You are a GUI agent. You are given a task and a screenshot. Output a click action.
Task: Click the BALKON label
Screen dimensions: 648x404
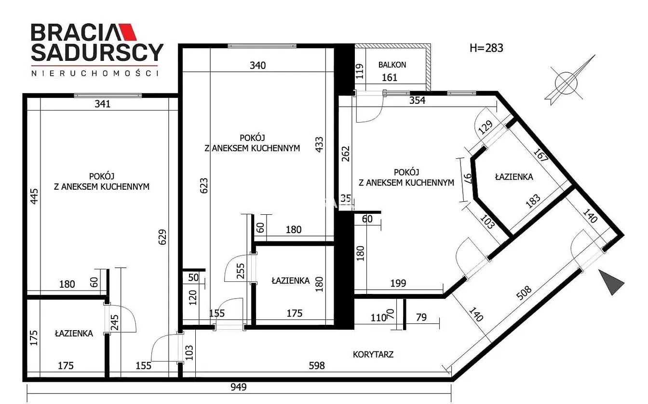coord(392,65)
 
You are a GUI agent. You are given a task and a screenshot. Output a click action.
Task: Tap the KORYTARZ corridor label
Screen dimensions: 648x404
coord(373,354)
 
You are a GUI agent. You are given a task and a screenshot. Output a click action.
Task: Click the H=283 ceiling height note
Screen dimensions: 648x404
coord(486,48)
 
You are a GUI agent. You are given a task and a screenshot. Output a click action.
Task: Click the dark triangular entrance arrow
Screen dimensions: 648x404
coord(610,282)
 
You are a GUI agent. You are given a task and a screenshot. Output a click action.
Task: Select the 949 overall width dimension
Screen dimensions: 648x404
coord(239,387)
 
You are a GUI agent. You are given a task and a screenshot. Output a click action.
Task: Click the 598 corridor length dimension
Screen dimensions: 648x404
coord(317,365)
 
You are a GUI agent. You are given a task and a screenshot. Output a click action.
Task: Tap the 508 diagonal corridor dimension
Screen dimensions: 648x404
coord(524,293)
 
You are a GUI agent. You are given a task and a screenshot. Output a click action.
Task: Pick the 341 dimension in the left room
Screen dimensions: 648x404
coord(103,104)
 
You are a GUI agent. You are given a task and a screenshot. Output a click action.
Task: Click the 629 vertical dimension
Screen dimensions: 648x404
coord(162,237)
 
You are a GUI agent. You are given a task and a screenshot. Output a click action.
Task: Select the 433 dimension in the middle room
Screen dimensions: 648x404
coord(319,144)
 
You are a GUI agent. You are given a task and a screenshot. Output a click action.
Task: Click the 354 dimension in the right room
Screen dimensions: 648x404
coord(417,100)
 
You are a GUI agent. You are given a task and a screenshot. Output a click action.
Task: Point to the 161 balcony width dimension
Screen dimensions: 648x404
coord(390,77)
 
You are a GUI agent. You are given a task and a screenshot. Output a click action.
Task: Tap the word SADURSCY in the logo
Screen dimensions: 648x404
coord(97,53)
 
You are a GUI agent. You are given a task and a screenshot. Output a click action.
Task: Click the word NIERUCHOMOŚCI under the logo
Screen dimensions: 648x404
coord(95,73)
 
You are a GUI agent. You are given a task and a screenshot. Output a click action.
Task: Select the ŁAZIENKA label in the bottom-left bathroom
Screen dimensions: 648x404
coord(74,334)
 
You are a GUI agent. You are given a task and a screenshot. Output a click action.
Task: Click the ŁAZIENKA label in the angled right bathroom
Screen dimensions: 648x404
coord(514,177)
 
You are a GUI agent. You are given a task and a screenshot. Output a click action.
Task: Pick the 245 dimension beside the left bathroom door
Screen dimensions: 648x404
coord(115,322)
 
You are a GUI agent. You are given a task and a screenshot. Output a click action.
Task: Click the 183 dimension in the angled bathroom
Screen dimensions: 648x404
coord(533,201)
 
